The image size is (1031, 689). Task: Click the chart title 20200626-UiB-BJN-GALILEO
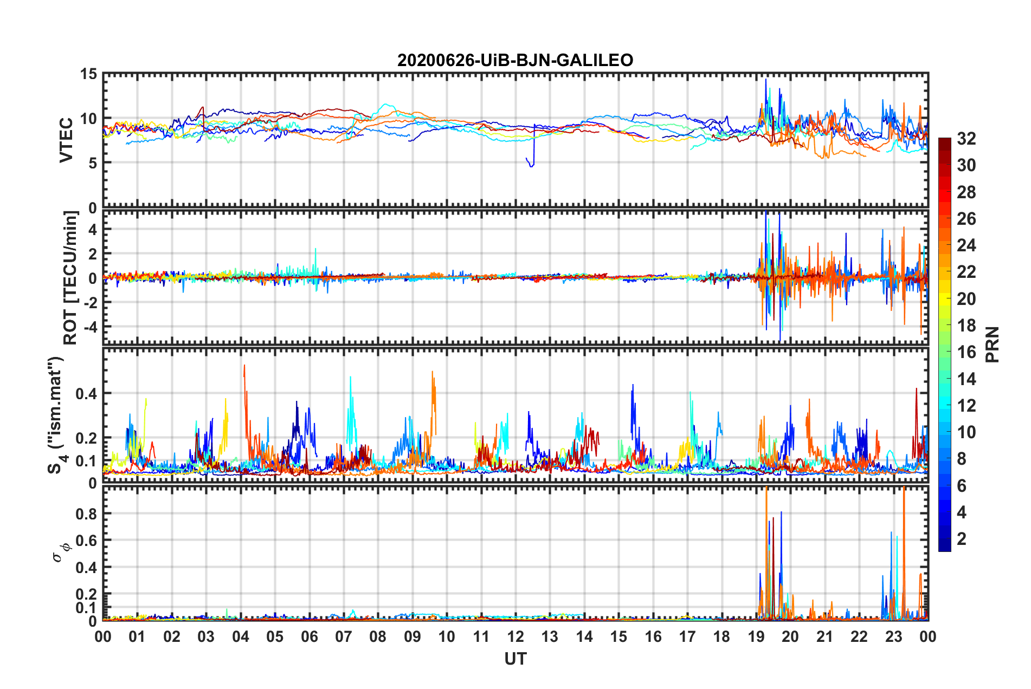(515, 60)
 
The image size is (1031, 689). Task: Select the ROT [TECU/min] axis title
(70, 277)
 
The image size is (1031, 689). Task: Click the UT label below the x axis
(515, 659)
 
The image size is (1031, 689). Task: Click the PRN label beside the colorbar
(992, 344)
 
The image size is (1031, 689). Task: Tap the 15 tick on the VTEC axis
(88, 74)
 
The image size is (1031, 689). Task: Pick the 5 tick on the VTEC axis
(93, 163)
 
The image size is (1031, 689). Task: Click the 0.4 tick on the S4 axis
(86, 394)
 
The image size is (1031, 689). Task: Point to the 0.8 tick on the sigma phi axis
(86, 513)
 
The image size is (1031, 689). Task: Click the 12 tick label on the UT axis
(515, 637)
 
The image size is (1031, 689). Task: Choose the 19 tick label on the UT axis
(756, 637)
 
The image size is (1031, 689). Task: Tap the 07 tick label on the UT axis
(344, 637)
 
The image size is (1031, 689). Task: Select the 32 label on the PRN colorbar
(966, 139)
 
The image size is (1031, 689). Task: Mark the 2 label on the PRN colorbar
(962, 538)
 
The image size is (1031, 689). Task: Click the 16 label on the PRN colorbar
(966, 352)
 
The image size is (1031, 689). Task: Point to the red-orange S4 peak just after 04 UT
(244, 366)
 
